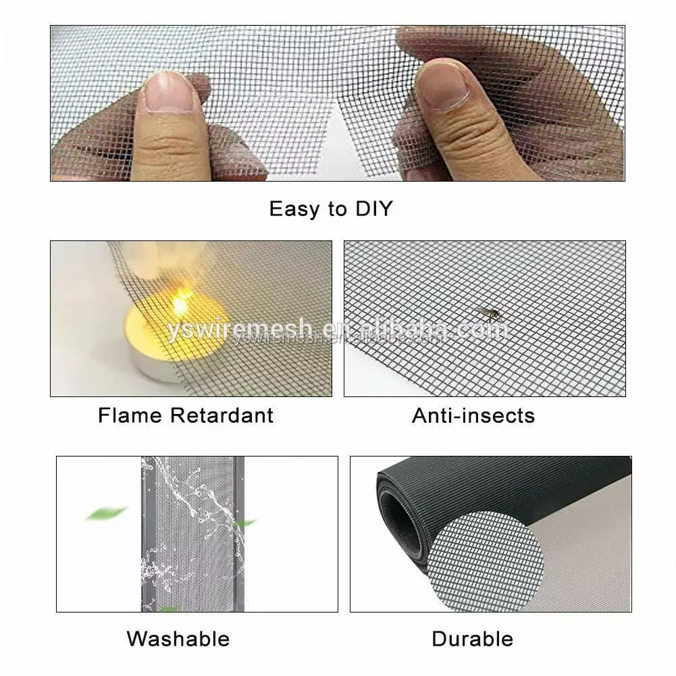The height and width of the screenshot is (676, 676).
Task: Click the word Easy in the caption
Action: [294, 209]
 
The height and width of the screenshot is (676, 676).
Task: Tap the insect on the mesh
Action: [488, 313]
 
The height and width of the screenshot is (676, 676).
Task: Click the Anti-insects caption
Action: [473, 415]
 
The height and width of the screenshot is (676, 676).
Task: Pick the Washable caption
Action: [178, 638]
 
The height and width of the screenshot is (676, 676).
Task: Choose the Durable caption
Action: [473, 638]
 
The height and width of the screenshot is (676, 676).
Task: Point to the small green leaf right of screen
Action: [244, 523]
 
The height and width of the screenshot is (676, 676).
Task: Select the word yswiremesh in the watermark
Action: [240, 331]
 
